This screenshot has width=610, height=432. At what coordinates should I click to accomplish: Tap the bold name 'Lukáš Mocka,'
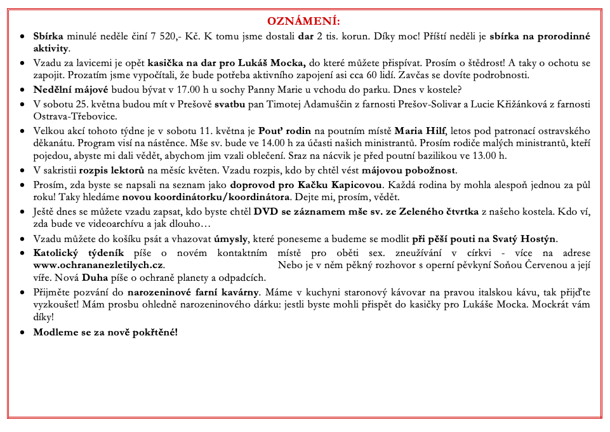pos(274,63)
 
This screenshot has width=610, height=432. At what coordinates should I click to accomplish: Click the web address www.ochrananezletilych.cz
pos(98,264)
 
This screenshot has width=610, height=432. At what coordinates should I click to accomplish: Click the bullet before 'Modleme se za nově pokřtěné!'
pos(23,333)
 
